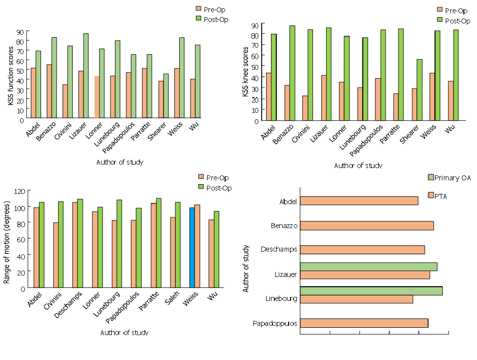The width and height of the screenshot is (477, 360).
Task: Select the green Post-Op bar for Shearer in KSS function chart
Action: (166, 96)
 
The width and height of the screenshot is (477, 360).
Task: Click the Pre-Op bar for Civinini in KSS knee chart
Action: (305, 108)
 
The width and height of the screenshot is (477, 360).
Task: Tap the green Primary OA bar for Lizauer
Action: (368, 267)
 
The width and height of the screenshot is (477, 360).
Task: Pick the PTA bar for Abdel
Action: (359, 201)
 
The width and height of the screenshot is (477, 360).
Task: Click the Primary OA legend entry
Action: (449, 178)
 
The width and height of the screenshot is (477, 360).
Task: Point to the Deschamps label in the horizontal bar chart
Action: (278, 250)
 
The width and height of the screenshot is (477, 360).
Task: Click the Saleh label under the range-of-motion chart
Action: (173, 297)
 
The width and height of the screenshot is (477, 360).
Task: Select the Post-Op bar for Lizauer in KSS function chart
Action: (86, 76)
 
